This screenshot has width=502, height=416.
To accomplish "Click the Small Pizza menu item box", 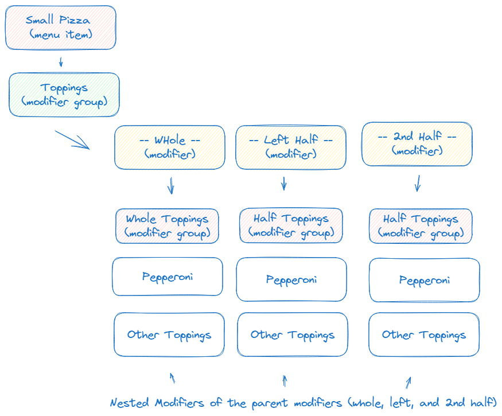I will (x=61, y=28).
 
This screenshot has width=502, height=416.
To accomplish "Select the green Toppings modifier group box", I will (x=64, y=95).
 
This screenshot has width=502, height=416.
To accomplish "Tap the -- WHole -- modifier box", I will (x=170, y=147).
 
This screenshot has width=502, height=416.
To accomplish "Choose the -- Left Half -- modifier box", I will (x=291, y=147).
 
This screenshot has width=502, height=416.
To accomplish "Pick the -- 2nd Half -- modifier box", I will (x=417, y=144).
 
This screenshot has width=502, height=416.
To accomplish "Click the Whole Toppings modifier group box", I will (x=168, y=226).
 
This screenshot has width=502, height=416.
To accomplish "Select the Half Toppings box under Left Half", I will (x=291, y=226).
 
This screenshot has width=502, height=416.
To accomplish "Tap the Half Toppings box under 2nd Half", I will (x=421, y=226).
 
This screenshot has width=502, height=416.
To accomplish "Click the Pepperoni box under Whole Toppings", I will (x=168, y=277).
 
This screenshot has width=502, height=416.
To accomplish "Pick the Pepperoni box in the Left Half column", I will (x=291, y=279).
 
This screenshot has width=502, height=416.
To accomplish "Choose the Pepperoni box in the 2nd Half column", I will (x=425, y=280).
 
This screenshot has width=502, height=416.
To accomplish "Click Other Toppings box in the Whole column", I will (x=169, y=335).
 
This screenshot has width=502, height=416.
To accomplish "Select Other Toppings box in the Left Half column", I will (x=293, y=335).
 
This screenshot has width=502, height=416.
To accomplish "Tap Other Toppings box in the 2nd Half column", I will (x=424, y=335).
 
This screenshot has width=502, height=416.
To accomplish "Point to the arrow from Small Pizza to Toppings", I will (x=61, y=61).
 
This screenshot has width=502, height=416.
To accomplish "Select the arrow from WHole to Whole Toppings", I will (x=170, y=185).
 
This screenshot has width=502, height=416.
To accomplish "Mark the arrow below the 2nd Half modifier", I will (x=418, y=183).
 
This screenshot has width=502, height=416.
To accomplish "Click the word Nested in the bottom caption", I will (x=129, y=402).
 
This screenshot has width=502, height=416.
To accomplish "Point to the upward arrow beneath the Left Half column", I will (x=285, y=380).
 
